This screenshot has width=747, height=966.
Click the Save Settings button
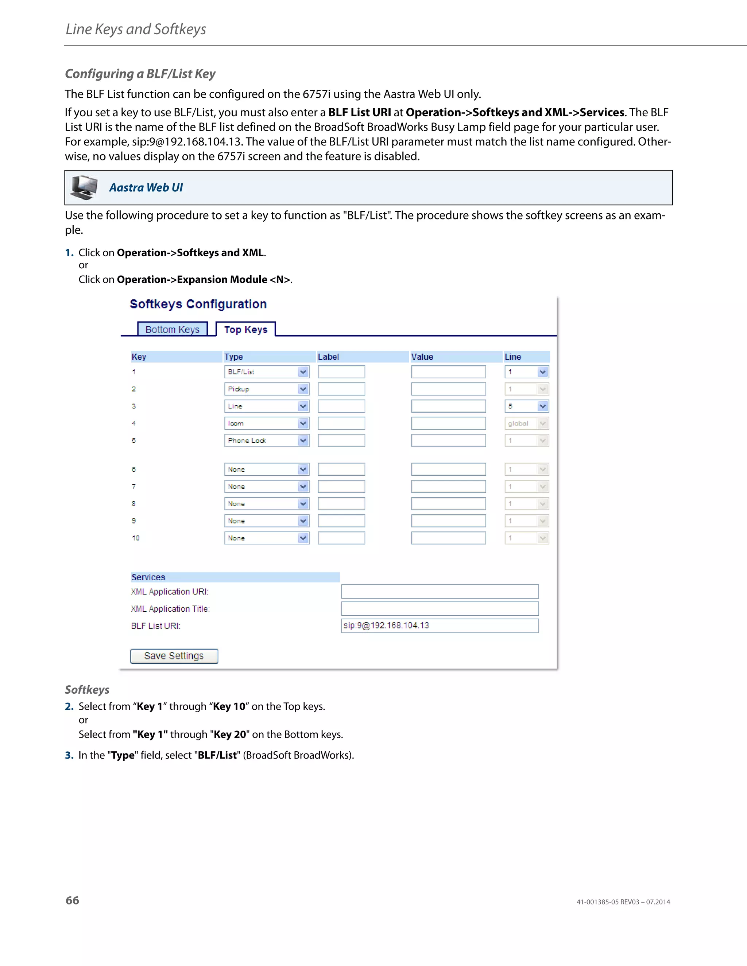coord(174,656)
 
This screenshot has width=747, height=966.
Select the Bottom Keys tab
coord(172,330)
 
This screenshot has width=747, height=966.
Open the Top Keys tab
coord(245,330)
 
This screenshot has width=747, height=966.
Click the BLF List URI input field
coord(440,626)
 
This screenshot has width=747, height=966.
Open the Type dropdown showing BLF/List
coord(266,372)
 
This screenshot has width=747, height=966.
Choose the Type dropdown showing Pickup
coord(266,389)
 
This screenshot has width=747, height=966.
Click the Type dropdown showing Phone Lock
coord(266,441)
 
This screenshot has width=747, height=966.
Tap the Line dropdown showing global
coord(527,423)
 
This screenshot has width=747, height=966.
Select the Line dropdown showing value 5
coord(527,406)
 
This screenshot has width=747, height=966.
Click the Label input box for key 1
coord(341,372)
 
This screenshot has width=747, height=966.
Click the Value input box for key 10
coord(448,538)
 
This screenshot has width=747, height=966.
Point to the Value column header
coord(422,357)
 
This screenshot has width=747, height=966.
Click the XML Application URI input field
coord(440,591)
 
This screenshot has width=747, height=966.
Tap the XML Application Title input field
coord(440,609)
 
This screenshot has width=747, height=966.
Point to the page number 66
coord(72,900)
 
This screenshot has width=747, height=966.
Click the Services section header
coord(148,577)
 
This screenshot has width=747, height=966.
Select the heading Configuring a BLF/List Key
coord(140,74)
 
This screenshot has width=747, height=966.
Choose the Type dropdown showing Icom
coord(266,423)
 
